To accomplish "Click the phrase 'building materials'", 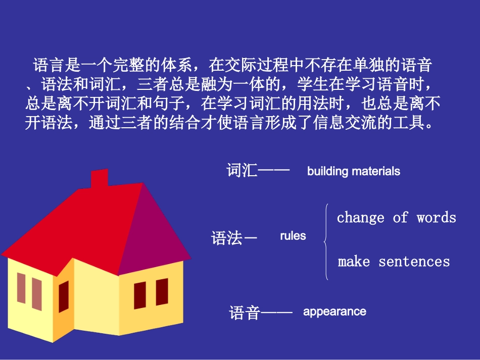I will pos(353,171).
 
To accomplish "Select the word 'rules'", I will pos(293,236).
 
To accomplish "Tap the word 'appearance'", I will pos(334,312).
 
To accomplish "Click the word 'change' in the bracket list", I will pos(361,218).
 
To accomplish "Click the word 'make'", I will pos(354,262).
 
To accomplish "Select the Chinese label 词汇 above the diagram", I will pos(242,170).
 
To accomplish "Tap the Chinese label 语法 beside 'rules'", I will pos(227,238).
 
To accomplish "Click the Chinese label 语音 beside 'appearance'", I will pos(245,313).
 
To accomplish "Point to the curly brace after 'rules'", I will pos(326,241).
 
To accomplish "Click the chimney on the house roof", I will pos(99,179).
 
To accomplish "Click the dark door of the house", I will pos(64,296).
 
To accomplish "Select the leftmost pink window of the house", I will pos(21,288).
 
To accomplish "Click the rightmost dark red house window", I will pos(162,292).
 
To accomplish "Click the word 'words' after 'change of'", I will pos(436,218).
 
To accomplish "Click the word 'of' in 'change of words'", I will pos(400,218).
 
